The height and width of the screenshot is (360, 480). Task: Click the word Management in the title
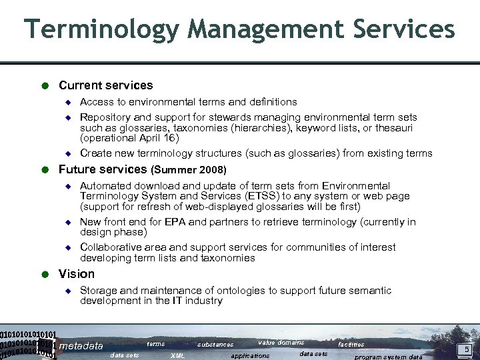pyautogui.click(x=259, y=29)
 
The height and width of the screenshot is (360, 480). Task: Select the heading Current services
pyautogui.click(x=105, y=85)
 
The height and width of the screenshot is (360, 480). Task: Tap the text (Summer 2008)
pyautogui.click(x=189, y=170)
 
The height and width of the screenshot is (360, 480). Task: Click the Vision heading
pyautogui.click(x=77, y=274)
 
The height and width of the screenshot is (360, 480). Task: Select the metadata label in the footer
pyautogui.click(x=81, y=346)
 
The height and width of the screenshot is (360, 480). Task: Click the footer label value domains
pyautogui.click(x=281, y=343)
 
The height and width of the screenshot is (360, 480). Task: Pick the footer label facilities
pyautogui.click(x=351, y=345)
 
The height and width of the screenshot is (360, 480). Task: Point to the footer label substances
pyautogui.click(x=215, y=345)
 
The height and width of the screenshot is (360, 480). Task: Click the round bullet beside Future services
pyautogui.click(x=45, y=169)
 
